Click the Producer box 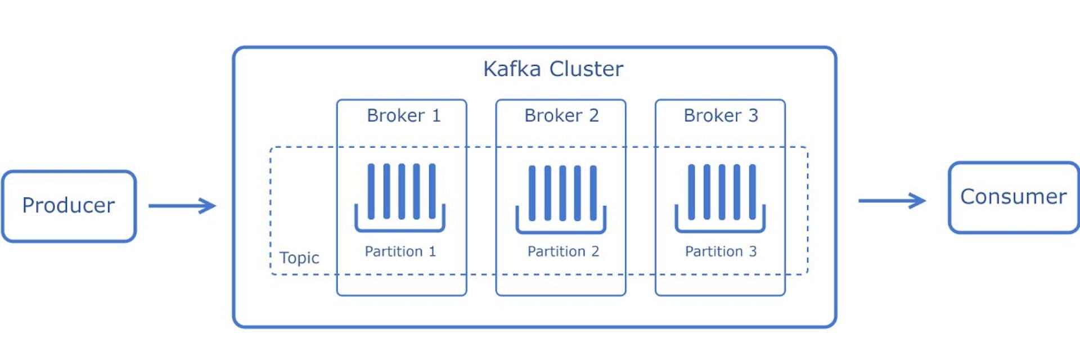coord(69,206)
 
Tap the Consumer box coord(1014,197)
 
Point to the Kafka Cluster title coord(553,69)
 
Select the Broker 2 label coord(561,115)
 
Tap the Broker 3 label coord(721,115)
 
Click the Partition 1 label coord(400,251)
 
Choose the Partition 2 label coord(562,251)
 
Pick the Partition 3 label coord(721,251)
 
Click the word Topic coord(299,258)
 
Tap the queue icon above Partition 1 coord(400,197)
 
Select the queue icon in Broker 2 coord(561,199)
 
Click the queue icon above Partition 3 coord(720,197)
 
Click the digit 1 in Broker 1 coord(436,115)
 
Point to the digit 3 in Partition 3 coord(753,251)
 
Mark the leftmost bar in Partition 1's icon coord(371,191)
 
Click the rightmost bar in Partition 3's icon coord(753,192)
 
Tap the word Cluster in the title coord(586,69)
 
